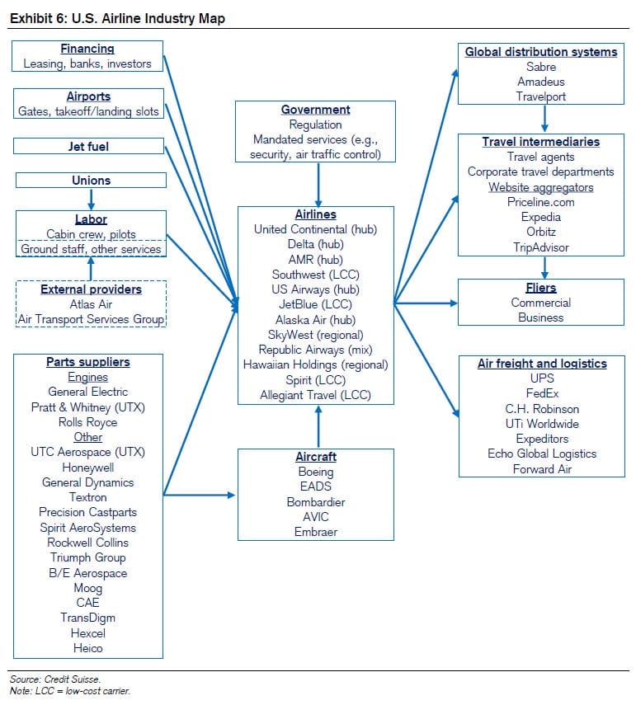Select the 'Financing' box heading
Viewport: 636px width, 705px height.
click(87, 49)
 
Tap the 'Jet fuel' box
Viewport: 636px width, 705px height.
click(88, 146)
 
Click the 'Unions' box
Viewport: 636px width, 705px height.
click(91, 180)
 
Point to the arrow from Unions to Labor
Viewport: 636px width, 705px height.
click(91, 198)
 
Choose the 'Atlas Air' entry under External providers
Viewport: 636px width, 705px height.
click(92, 304)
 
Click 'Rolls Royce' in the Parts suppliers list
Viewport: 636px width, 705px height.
click(88, 422)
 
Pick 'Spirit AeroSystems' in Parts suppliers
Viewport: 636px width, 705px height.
click(88, 528)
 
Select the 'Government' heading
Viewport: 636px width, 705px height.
click(316, 110)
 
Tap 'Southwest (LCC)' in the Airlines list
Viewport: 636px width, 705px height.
click(316, 275)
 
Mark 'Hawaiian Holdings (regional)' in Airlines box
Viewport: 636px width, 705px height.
click(316, 364)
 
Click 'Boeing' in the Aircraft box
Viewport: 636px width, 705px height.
click(316, 472)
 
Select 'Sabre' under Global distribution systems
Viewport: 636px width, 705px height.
click(541, 67)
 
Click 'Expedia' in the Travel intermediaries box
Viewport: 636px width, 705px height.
click(541, 217)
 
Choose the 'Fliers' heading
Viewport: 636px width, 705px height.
click(541, 288)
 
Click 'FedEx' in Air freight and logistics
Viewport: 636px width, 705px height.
click(541, 393)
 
